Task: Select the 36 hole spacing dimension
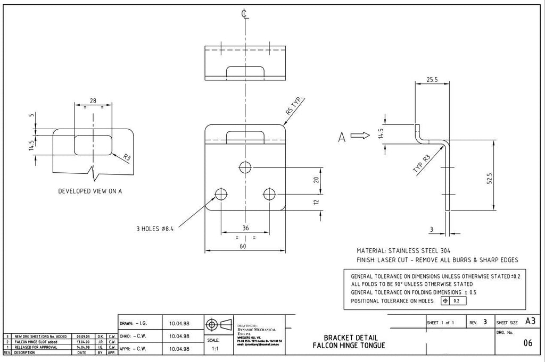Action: [x=245, y=228]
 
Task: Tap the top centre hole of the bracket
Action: [x=245, y=167]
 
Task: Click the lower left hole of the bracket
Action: [x=221, y=193]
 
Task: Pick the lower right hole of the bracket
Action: [x=270, y=193]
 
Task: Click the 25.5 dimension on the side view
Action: [x=432, y=80]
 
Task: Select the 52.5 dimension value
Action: [x=489, y=178]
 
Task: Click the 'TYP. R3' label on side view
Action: [x=420, y=165]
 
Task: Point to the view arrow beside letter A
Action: [x=360, y=136]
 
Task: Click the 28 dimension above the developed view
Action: [x=93, y=100]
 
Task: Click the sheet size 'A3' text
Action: [x=530, y=321]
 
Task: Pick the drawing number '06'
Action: [x=527, y=343]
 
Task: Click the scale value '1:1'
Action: [x=212, y=349]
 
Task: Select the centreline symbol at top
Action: [x=244, y=14]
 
